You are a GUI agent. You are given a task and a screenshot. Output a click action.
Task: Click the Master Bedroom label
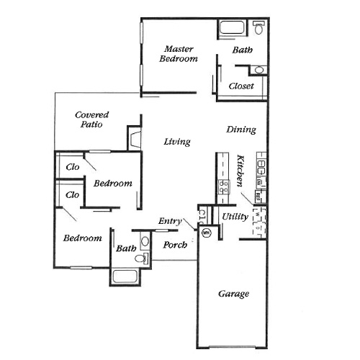coord(178,53)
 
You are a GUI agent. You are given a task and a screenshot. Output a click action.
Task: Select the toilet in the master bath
coord(260,28)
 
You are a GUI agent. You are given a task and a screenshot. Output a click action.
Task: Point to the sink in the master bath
coord(259,71)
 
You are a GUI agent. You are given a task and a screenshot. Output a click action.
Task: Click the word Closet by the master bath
coord(240,87)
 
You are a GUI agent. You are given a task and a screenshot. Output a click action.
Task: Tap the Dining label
coord(241,130)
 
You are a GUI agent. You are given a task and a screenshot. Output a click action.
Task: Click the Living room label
coord(176,142)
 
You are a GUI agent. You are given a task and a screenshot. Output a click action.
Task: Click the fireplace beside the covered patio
coord(135,138)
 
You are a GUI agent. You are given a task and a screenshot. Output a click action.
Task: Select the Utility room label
coord(235,216)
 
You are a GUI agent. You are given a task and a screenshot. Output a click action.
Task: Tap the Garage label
coord(233,294)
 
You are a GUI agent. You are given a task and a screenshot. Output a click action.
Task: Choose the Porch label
coord(175,245)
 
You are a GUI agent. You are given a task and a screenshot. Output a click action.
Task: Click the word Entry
coord(170,221)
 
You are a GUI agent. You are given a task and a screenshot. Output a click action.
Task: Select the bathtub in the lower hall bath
coord(128,276)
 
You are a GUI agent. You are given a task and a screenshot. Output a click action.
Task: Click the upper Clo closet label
coord(72,166)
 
